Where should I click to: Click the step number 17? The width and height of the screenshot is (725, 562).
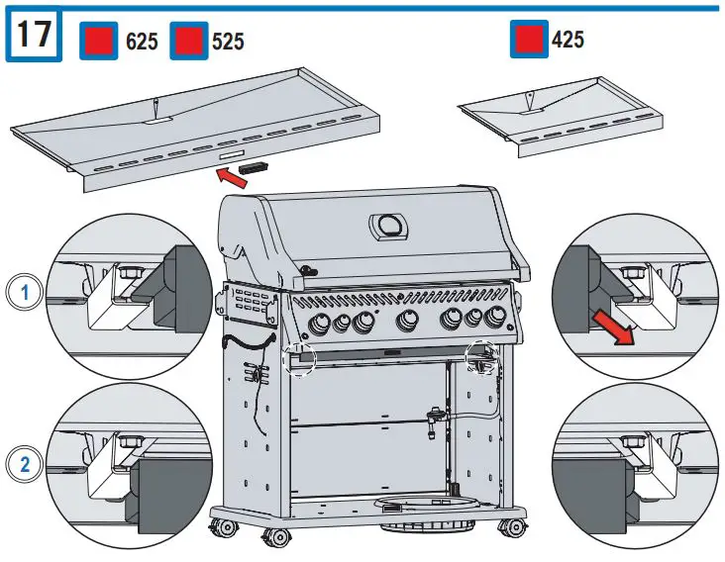pyautogui.click(x=34, y=36)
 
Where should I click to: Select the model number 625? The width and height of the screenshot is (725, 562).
pyautogui.click(x=142, y=42)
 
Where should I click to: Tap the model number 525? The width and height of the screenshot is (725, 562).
pyautogui.click(x=228, y=42)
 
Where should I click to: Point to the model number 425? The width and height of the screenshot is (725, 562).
pyautogui.click(x=568, y=40)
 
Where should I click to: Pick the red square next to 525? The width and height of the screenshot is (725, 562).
pyautogui.click(x=187, y=42)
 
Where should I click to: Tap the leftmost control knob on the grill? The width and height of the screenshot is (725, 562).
pyautogui.click(x=323, y=324)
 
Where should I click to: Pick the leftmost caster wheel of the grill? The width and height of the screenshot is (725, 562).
pyautogui.click(x=223, y=526)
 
